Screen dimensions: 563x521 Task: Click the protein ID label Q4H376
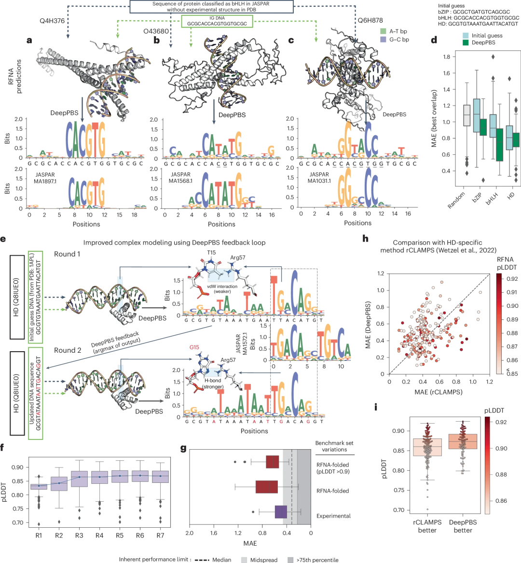click(x=52, y=21)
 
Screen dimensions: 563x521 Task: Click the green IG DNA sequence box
click(x=217, y=21)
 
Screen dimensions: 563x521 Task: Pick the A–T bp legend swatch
click(x=383, y=31)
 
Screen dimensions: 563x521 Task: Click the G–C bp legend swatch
click(x=383, y=40)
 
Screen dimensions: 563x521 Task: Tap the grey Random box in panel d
click(x=466, y=115)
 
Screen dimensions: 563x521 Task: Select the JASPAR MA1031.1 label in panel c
click(x=319, y=178)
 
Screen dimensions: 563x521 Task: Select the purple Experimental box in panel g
click(x=281, y=512)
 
